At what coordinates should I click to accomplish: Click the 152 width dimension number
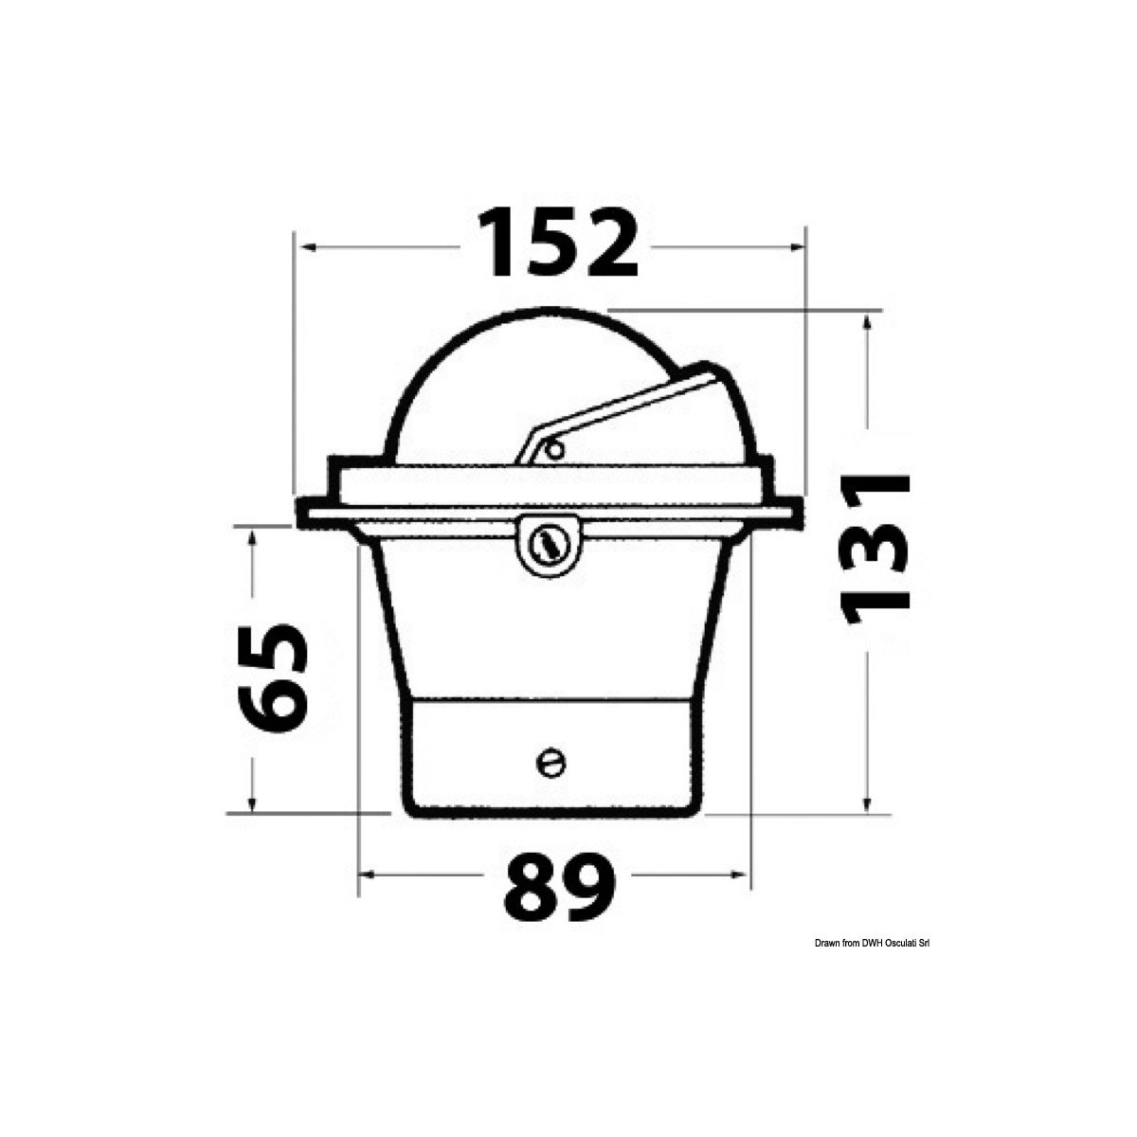(x=557, y=245)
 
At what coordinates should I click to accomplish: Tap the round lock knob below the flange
(x=547, y=544)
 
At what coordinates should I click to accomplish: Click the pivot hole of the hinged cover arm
(x=552, y=449)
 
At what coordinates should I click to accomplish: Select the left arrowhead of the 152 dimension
(x=306, y=247)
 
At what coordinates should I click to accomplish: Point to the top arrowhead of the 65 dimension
(x=252, y=537)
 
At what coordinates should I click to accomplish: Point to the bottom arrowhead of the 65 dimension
(x=252, y=803)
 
